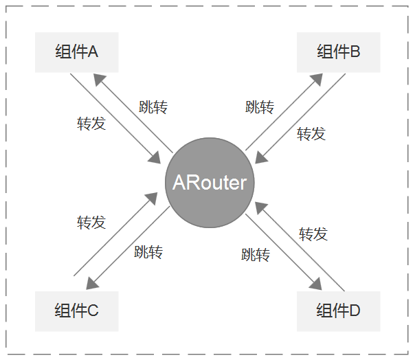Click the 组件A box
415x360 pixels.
tap(76, 52)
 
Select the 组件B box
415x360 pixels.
tap(338, 52)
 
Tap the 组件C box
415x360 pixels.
tap(76, 311)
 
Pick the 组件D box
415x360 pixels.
tap(338, 311)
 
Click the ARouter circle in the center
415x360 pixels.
tap(210, 183)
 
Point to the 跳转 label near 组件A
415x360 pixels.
tap(153, 107)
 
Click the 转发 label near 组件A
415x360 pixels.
tap(91, 124)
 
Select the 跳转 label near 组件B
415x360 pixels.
tap(260, 107)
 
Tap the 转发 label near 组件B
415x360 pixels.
tap(311, 133)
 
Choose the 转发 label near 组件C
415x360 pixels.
tap(91, 222)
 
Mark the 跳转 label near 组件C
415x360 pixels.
tap(148, 251)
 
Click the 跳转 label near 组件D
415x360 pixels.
tap(256, 256)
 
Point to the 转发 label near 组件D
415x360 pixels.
tap(313, 234)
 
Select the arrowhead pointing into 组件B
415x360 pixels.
tap(317, 78)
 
